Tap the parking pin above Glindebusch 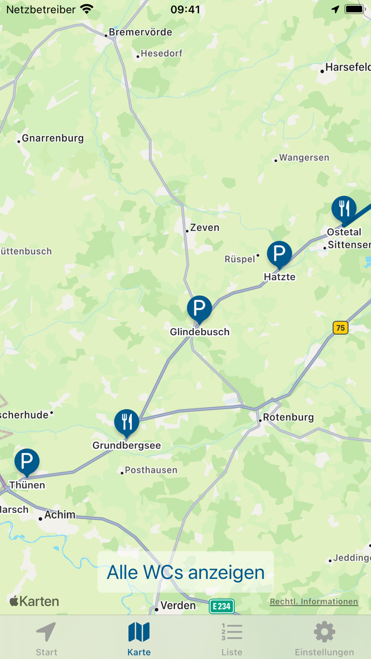click(x=199, y=308)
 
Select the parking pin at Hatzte click(x=279, y=254)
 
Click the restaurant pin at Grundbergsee click(x=127, y=422)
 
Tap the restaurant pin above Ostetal click(x=344, y=209)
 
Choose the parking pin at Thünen click(x=26, y=461)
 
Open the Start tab click(x=47, y=638)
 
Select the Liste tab click(x=232, y=638)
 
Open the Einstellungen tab click(x=324, y=638)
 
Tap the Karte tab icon click(x=139, y=632)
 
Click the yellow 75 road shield click(x=340, y=328)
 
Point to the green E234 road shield click(x=222, y=606)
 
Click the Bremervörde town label click(x=140, y=32)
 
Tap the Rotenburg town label click(x=288, y=417)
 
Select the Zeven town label click(x=205, y=228)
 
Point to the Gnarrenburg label click(x=52, y=139)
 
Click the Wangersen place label click(x=304, y=158)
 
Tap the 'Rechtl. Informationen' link click(x=314, y=602)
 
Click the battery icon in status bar click(x=354, y=10)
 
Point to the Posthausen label click(x=151, y=470)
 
